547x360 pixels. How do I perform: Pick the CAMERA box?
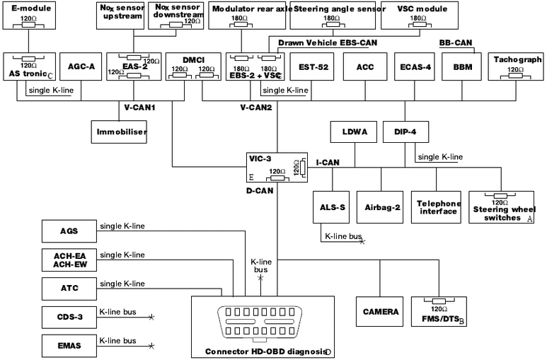(x=381, y=311)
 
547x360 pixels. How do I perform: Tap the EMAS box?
(x=70, y=346)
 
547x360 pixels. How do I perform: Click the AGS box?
(x=70, y=230)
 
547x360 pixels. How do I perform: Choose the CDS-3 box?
(x=70, y=316)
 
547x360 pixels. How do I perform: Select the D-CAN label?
(x=260, y=190)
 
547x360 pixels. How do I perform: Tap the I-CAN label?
(x=328, y=163)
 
